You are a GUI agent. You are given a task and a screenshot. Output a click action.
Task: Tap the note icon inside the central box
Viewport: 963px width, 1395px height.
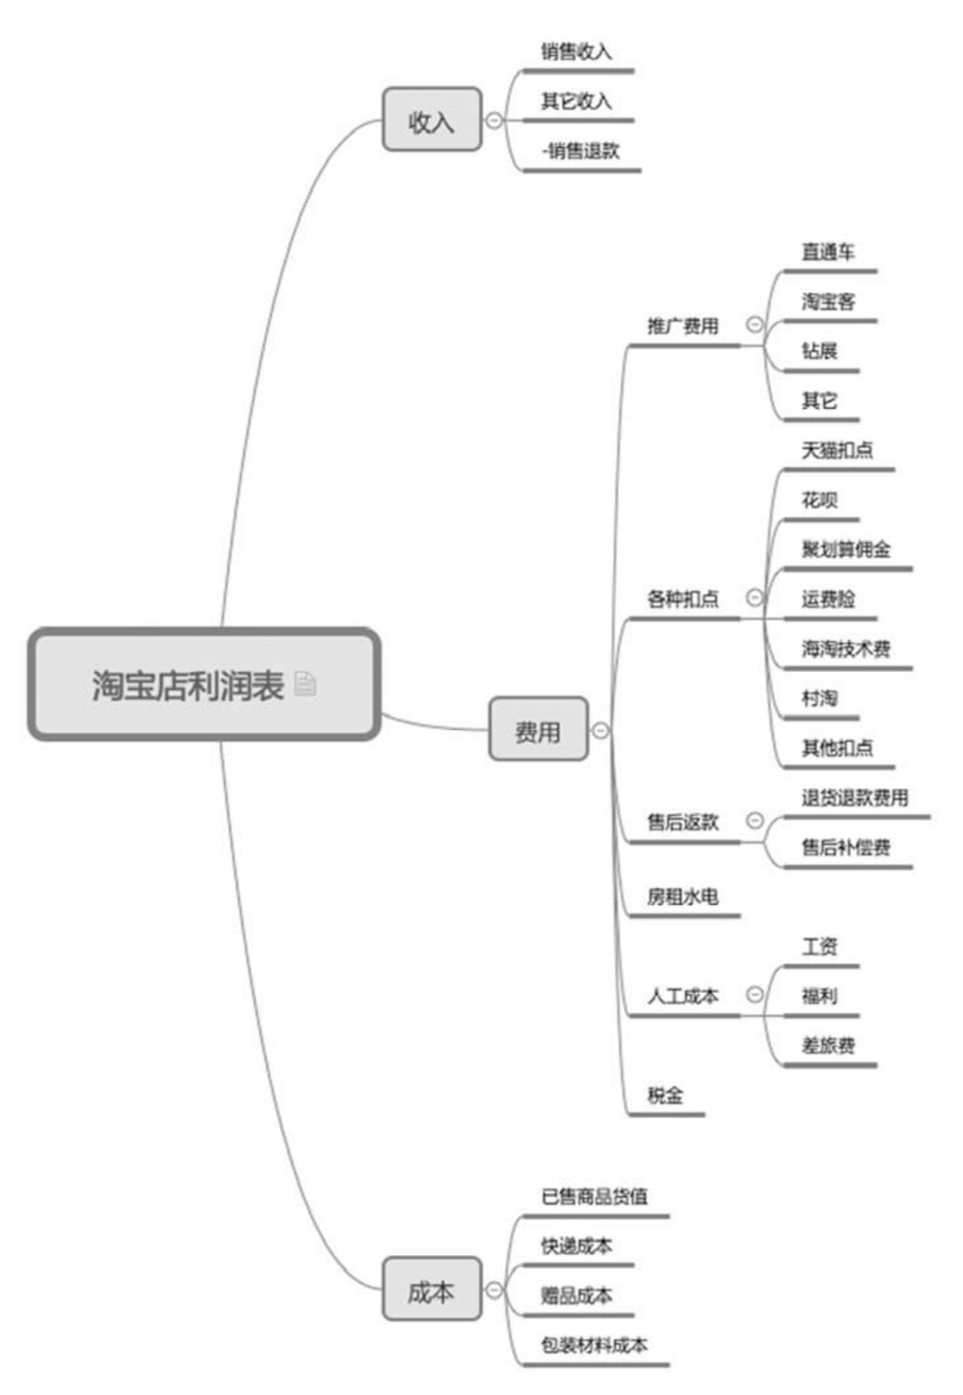pos(305,684)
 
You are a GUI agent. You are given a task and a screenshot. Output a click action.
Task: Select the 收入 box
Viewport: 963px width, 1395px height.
pos(432,120)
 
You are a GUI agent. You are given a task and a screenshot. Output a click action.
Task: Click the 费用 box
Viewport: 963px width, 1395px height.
pos(538,729)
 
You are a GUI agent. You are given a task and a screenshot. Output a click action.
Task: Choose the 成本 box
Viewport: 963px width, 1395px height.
pos(432,1291)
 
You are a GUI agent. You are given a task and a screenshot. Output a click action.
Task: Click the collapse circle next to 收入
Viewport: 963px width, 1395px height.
pos(494,121)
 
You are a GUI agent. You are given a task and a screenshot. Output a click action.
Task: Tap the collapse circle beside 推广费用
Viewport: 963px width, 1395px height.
pos(754,324)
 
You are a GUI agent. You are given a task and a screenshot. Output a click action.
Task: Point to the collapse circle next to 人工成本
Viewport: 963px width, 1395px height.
pos(754,994)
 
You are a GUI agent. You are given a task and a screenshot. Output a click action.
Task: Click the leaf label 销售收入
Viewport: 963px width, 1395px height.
pos(576,51)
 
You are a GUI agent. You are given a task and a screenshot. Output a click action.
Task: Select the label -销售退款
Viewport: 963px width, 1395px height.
pos(580,151)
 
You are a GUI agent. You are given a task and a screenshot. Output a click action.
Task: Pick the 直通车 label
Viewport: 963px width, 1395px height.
pos(828,252)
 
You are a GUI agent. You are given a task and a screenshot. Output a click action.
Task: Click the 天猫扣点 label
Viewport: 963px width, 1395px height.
pos(837,450)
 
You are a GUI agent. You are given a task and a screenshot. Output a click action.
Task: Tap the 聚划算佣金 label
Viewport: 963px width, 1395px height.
pos(846,549)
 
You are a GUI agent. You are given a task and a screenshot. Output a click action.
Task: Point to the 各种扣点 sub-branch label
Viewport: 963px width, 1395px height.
pos(682,599)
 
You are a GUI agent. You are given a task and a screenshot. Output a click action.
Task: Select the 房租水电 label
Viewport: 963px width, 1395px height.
pos(682,896)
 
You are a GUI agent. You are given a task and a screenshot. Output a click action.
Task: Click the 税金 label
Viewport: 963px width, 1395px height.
pos(665,1095)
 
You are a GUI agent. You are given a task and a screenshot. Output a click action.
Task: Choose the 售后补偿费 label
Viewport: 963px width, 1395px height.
pos(846,847)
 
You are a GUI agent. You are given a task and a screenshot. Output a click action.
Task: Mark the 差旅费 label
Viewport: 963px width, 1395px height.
pos(828,1045)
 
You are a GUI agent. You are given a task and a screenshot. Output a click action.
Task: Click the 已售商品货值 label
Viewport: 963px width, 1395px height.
pos(594,1196)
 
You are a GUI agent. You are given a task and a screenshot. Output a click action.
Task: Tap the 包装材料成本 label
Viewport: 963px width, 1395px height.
pos(594,1345)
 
